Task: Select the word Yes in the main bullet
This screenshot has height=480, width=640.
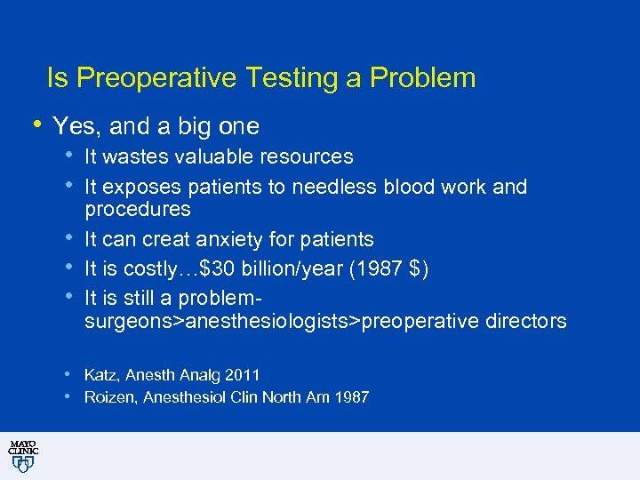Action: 73,127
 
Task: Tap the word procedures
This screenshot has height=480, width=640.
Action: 137,210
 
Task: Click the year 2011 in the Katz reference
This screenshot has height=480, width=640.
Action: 241,376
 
